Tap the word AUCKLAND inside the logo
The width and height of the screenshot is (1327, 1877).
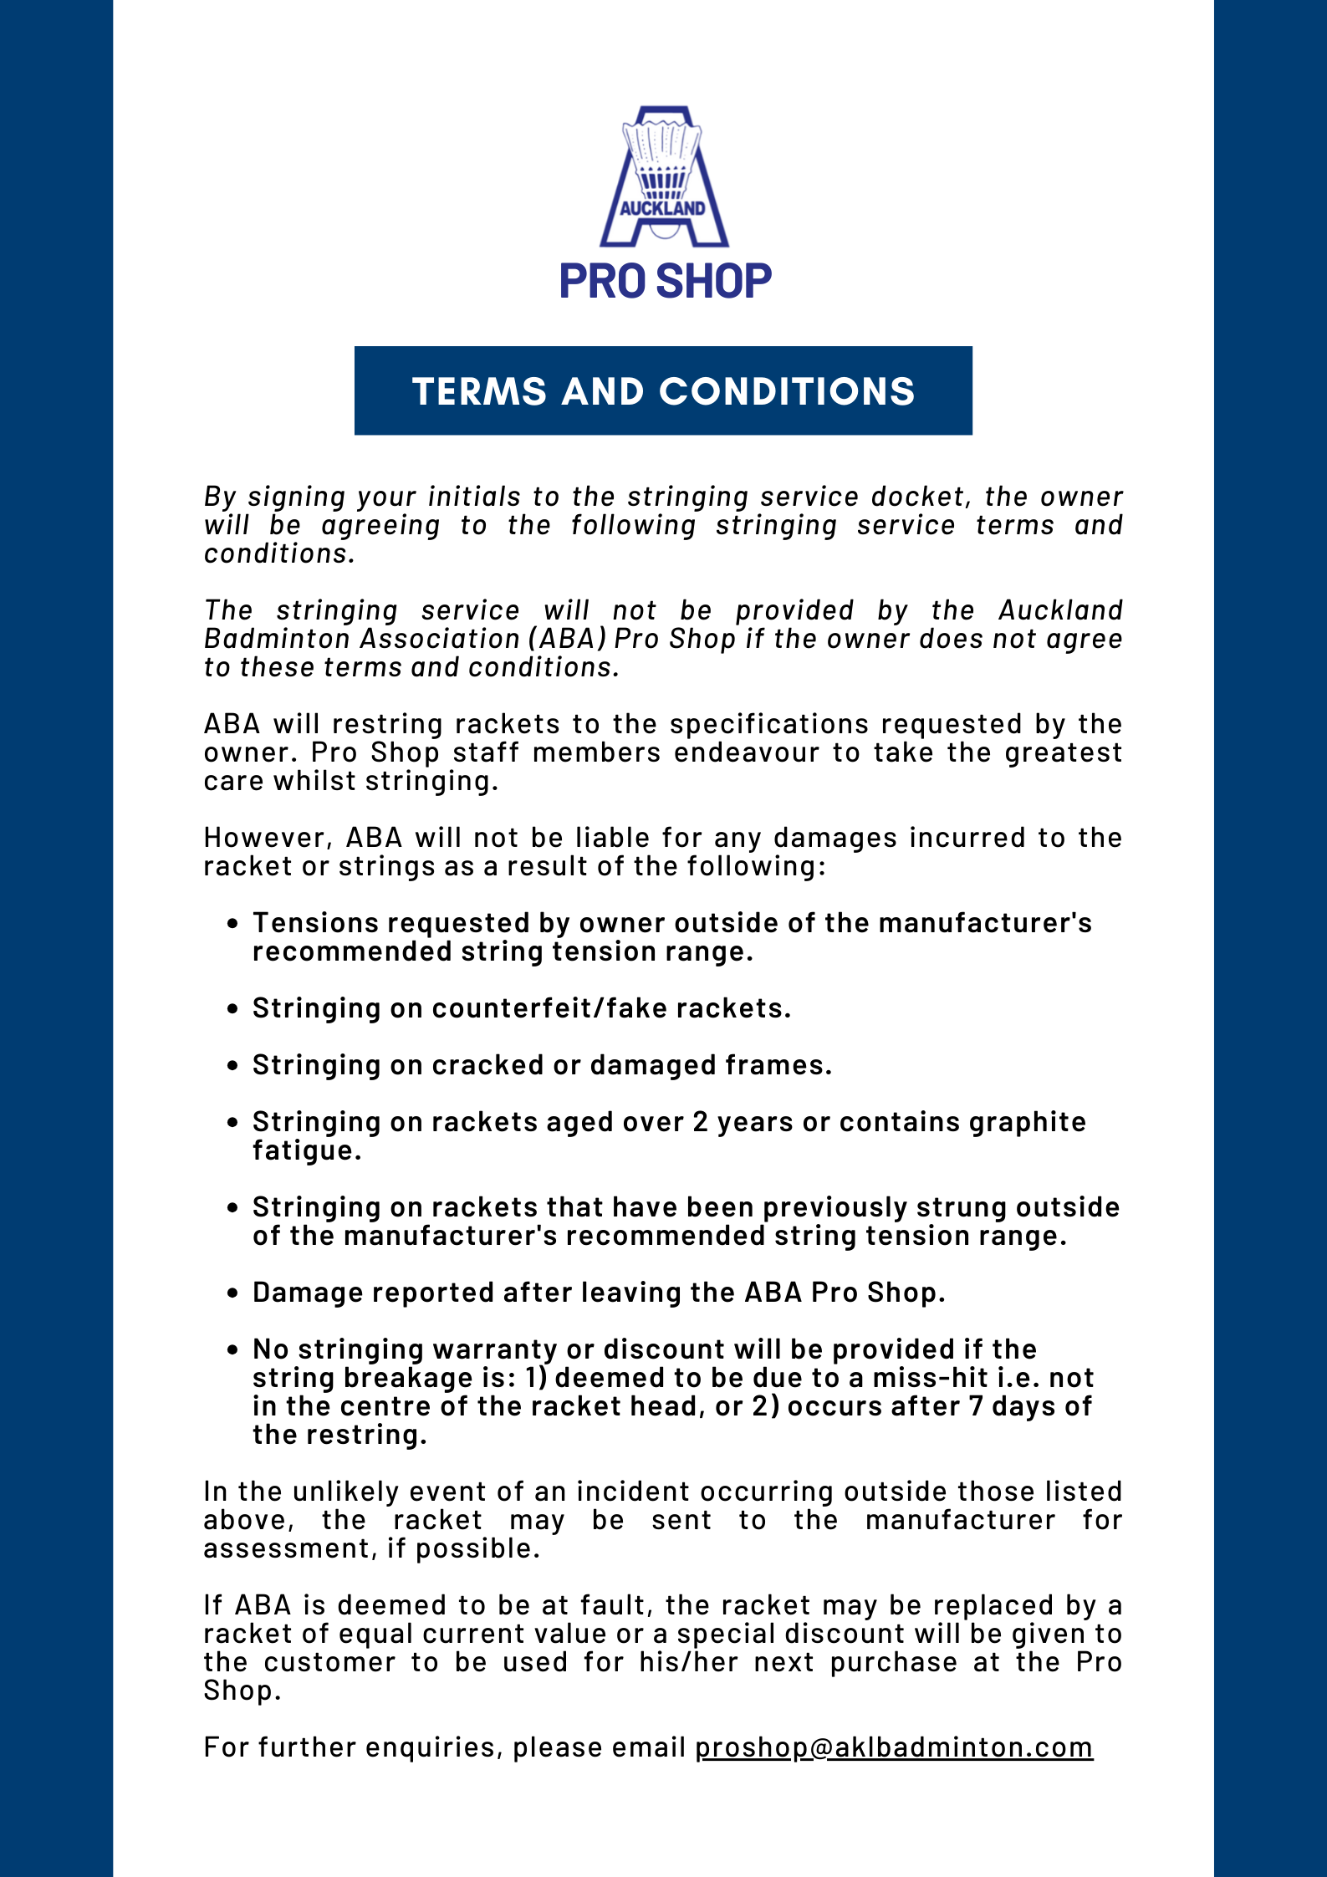[x=662, y=208]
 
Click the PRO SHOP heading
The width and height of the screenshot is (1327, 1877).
[x=665, y=281]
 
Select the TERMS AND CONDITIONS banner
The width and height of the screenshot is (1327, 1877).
[x=663, y=391]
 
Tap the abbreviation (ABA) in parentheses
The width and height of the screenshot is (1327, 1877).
[x=567, y=639]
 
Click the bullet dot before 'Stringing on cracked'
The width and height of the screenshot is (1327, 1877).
[x=233, y=1066]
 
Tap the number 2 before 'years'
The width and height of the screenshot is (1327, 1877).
[x=701, y=1122]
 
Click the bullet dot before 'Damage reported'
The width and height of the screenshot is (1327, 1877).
[x=233, y=1293]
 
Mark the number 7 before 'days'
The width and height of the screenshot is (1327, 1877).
[x=976, y=1406]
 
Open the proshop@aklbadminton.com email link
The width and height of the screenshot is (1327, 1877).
[x=893, y=1747]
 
